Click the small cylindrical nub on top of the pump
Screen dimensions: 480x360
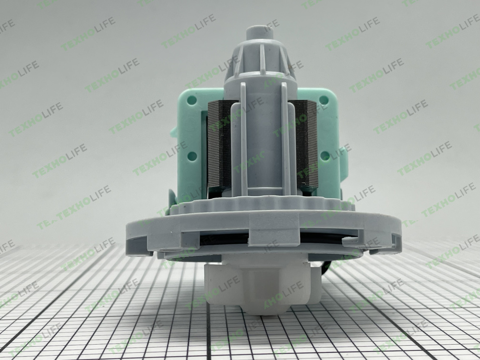[x=260, y=33]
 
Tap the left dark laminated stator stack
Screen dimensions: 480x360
[x=220, y=145]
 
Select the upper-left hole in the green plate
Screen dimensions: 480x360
[x=192, y=100]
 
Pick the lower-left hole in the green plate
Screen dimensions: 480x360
[x=192, y=156]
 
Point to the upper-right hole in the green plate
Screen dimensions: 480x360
[x=324, y=100]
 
